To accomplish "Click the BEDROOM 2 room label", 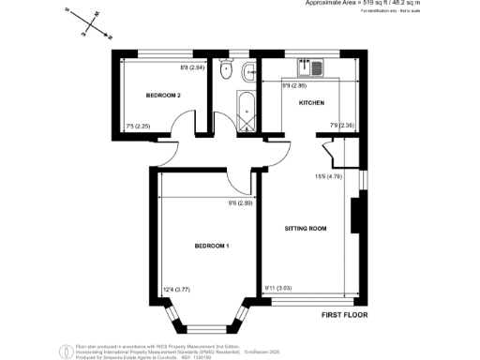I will (x=162, y=96).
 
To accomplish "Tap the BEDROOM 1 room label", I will (x=212, y=246).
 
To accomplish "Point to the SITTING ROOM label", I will (x=305, y=228).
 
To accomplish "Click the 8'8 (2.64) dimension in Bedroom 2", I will (x=191, y=67).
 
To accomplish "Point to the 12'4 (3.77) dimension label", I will (x=177, y=289).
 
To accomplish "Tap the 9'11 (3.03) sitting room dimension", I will (x=279, y=289).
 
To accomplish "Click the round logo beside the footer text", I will (x=65, y=352).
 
